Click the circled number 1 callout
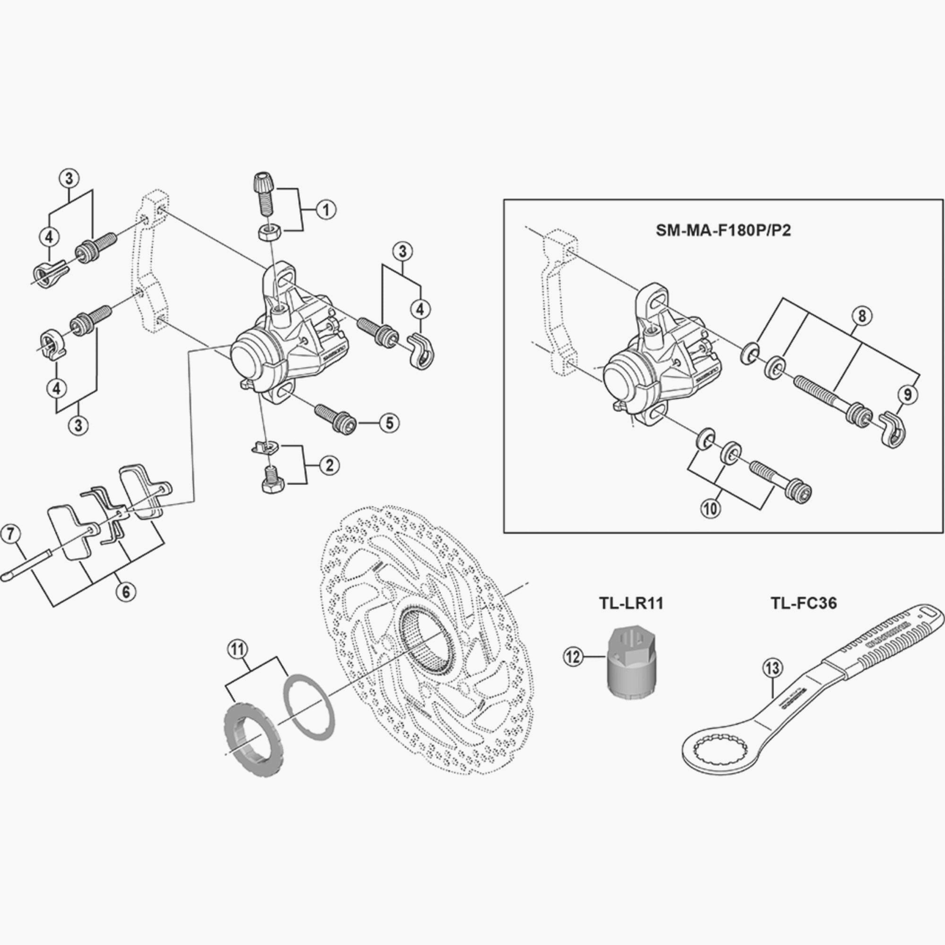326,210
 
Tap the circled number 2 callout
329,465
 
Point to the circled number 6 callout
126,592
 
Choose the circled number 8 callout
861,316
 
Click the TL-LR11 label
631,603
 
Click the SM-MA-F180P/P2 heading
723,231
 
